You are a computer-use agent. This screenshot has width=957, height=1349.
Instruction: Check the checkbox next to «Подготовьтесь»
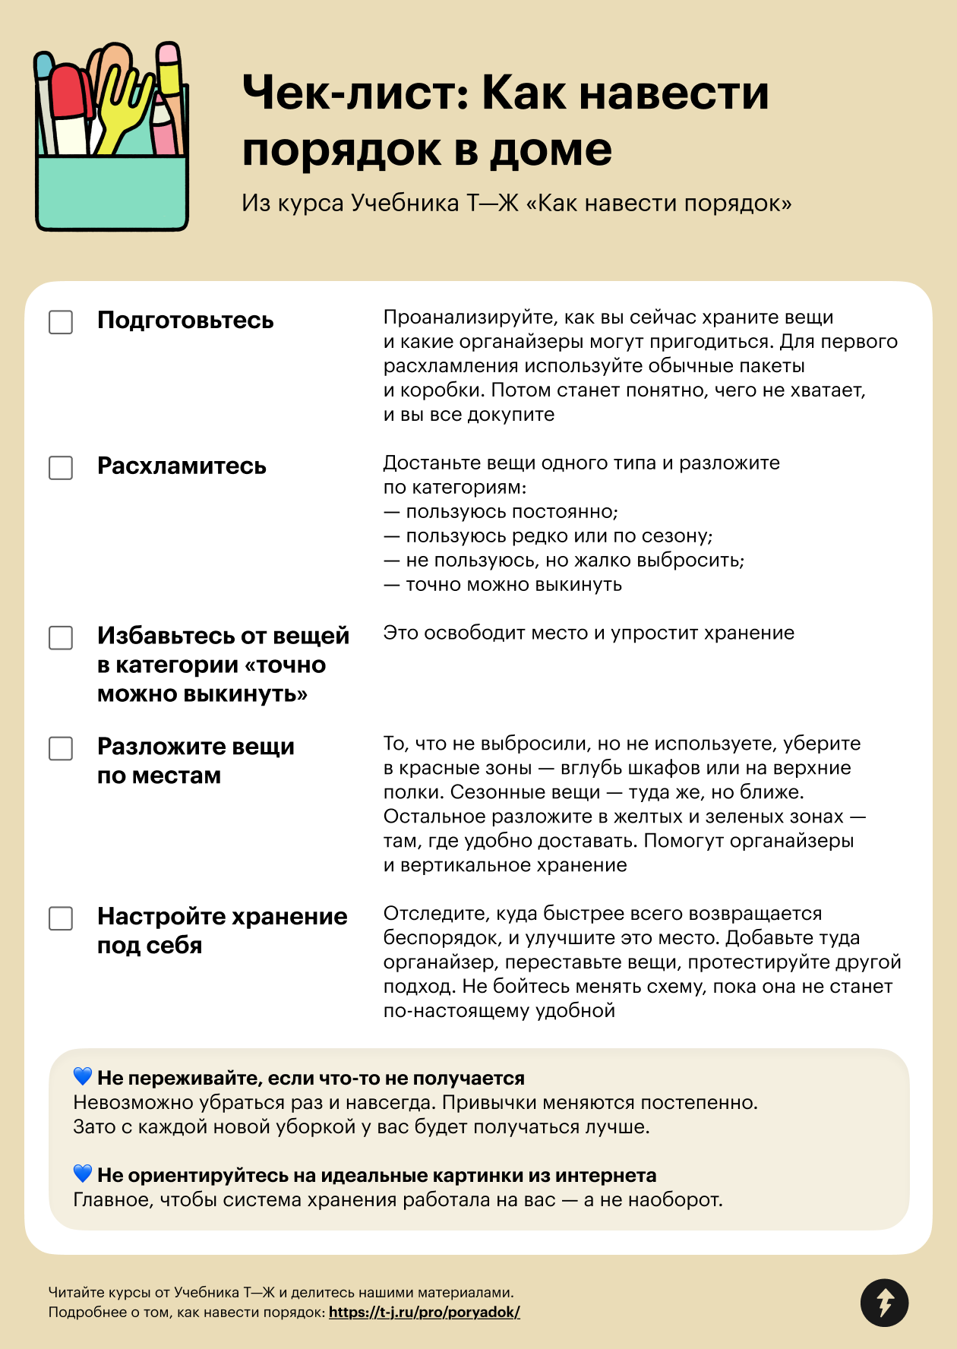click(x=61, y=322)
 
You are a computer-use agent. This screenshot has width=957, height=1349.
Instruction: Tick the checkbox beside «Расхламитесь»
click(x=61, y=468)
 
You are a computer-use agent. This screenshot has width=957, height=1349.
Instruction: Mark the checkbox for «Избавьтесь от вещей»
click(x=61, y=638)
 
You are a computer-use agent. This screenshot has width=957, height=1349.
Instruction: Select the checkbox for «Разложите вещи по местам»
click(x=61, y=748)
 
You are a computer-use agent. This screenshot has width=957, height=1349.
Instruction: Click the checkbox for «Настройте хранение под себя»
click(x=61, y=918)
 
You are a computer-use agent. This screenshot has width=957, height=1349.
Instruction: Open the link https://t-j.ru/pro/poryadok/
click(x=424, y=1312)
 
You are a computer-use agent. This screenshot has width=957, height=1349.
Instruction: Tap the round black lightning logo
click(x=884, y=1303)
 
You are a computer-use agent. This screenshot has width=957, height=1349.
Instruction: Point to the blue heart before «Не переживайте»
click(x=83, y=1076)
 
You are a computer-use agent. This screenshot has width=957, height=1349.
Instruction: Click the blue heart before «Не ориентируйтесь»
click(x=83, y=1174)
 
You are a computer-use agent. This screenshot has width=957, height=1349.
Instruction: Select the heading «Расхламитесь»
click(x=182, y=466)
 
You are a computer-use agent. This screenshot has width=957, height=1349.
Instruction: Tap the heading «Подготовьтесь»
click(x=185, y=321)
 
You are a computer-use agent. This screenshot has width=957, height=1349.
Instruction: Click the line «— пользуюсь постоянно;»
click(x=501, y=512)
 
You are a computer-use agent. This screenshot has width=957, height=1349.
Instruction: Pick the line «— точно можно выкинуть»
click(x=503, y=585)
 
